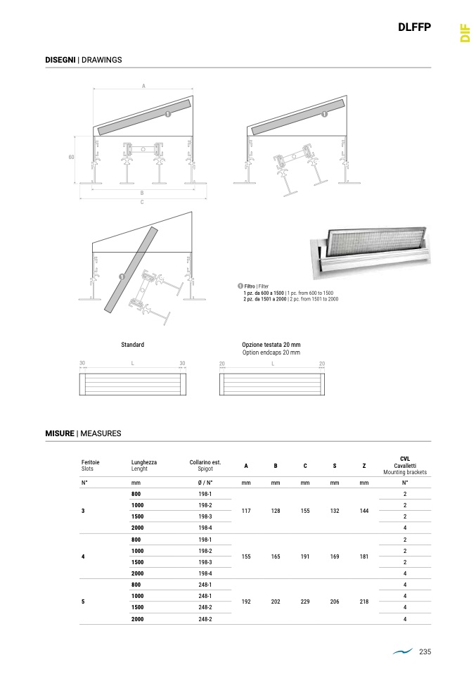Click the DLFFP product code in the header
413,28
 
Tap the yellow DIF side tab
464,33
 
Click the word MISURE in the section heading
60,433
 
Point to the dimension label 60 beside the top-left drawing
71,157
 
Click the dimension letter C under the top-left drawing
142,203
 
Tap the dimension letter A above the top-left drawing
143,86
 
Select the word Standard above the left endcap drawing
132,345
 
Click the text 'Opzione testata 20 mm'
271,345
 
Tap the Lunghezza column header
144,462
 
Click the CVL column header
404,458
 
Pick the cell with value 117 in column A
246,511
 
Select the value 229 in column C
305,602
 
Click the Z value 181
364,557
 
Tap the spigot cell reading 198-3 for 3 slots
205,516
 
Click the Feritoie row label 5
83,602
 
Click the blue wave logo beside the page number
403,652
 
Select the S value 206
335,602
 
